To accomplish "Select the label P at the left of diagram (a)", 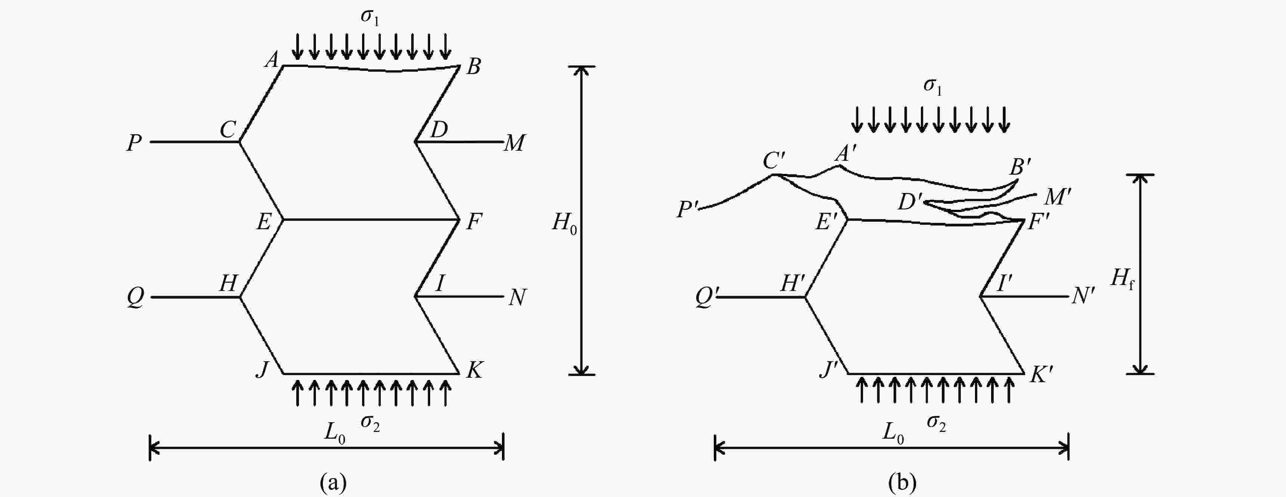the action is [134, 143].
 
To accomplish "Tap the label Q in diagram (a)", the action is [135, 298].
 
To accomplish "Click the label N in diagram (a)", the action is [517, 298].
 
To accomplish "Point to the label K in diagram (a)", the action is [474, 370].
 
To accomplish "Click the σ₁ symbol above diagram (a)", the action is [369, 17].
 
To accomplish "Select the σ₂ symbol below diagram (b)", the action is [937, 424].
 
